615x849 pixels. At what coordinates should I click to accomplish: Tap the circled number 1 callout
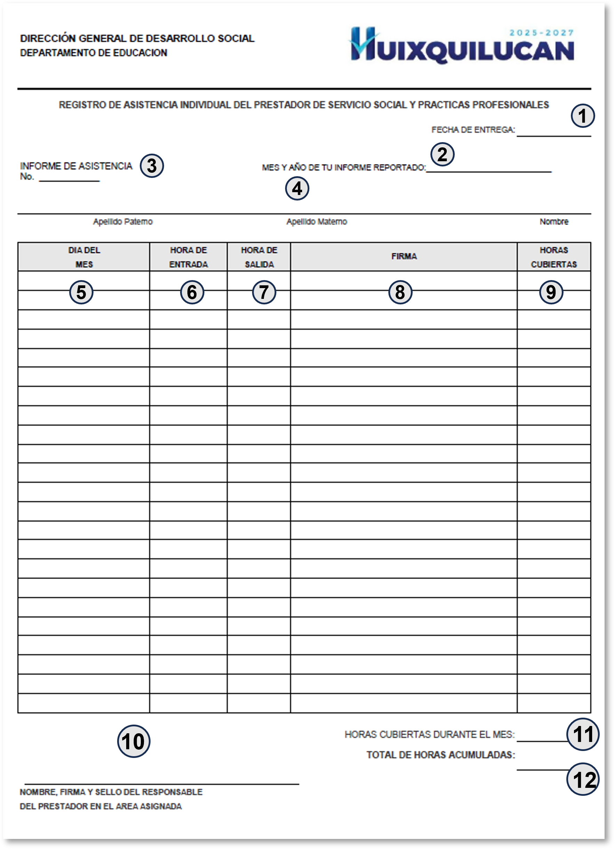click(x=582, y=116)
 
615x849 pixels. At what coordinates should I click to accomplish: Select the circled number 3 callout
click(x=152, y=166)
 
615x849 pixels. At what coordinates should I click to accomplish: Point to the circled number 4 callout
click(x=297, y=188)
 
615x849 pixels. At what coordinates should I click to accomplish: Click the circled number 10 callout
click(x=134, y=741)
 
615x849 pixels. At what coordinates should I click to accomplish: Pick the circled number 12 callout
click(x=583, y=779)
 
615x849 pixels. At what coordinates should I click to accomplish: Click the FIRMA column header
click(x=404, y=256)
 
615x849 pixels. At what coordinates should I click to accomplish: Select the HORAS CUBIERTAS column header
click(x=553, y=257)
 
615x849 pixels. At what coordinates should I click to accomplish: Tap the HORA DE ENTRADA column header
click(x=188, y=257)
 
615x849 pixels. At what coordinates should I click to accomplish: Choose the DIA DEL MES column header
click(x=84, y=257)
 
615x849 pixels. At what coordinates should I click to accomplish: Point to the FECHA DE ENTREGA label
click(x=473, y=130)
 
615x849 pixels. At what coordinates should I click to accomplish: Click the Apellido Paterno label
click(x=123, y=222)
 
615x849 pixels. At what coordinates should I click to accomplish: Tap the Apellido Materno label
click(x=316, y=222)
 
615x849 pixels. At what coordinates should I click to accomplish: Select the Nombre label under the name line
click(x=553, y=222)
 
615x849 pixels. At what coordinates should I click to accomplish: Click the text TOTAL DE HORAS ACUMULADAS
click(x=440, y=755)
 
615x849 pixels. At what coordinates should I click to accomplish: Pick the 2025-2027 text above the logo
click(x=541, y=33)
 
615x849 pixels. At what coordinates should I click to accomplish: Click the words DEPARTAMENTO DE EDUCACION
click(x=94, y=53)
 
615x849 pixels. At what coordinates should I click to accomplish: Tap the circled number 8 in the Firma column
click(x=400, y=292)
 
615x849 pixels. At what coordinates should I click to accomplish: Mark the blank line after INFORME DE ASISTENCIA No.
click(x=69, y=180)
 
